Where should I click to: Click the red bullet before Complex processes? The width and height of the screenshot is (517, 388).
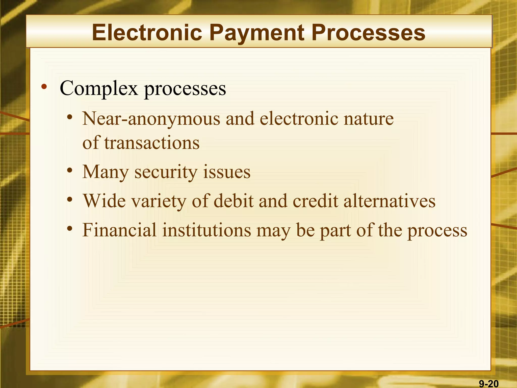coord(44,87)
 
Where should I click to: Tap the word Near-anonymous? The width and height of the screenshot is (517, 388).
coord(151,119)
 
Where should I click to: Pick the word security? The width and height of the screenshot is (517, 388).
coord(166,172)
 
